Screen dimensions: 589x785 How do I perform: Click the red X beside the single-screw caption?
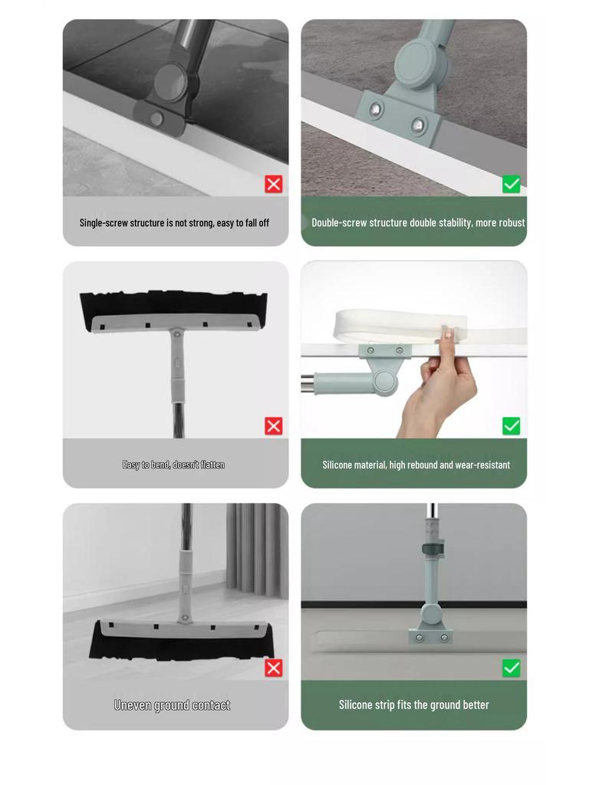274,184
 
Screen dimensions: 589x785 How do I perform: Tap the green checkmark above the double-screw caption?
512,184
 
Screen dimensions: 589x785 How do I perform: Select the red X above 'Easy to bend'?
274,426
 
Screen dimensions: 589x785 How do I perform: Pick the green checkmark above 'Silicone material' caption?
512,426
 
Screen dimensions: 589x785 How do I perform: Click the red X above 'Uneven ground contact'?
274,668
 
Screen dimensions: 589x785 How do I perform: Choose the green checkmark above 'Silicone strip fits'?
512,668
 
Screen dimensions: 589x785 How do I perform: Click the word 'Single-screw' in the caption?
104,223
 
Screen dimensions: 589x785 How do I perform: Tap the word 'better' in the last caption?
475,705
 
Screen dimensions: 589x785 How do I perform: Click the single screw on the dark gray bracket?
156,119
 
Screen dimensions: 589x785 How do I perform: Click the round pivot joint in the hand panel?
384,382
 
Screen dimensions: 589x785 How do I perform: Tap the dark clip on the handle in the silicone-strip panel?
433,548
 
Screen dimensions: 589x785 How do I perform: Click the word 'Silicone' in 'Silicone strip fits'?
355,705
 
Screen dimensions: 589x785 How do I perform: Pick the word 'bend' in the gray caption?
160,465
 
